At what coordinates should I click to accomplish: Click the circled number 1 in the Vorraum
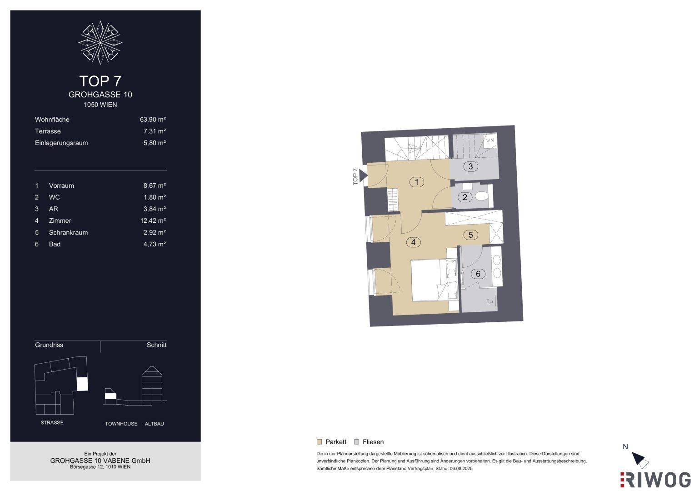[x=416, y=182]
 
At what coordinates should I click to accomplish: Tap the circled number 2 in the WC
[x=464, y=197]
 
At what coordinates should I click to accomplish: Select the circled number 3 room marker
[x=470, y=166]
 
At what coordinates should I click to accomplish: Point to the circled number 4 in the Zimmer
[x=413, y=242]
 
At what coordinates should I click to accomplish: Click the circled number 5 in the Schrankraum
[x=470, y=235]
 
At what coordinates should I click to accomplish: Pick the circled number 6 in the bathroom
[x=478, y=274]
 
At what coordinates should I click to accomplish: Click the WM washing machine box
[x=490, y=141]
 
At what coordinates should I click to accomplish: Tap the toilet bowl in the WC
[x=481, y=196]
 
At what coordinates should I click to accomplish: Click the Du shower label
[x=489, y=301]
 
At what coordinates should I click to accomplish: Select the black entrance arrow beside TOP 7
[x=363, y=176]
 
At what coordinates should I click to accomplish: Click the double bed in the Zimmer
[x=434, y=280]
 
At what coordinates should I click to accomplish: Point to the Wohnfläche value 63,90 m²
[x=153, y=120]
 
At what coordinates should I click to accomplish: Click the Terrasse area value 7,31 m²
[x=155, y=131]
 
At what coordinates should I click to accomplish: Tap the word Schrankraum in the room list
[x=68, y=232]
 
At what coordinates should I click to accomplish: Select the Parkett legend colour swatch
[x=319, y=442]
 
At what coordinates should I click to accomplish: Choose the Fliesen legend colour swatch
[x=357, y=442]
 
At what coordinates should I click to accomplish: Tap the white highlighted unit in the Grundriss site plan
[x=82, y=384]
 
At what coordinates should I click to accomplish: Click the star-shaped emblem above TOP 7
[x=100, y=42]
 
